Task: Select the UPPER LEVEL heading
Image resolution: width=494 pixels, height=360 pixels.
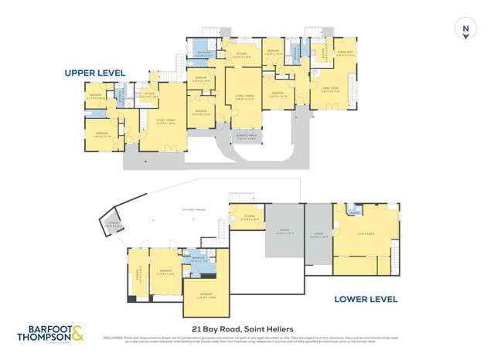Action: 94,73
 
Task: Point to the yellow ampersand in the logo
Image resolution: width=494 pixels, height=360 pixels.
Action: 79,335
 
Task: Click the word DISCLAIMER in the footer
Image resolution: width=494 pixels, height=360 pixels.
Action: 114,337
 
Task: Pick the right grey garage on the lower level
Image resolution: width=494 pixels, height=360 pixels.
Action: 317,236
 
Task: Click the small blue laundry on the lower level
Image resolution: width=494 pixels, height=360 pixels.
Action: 356,211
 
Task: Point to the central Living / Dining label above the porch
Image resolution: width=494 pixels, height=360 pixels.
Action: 245,98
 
